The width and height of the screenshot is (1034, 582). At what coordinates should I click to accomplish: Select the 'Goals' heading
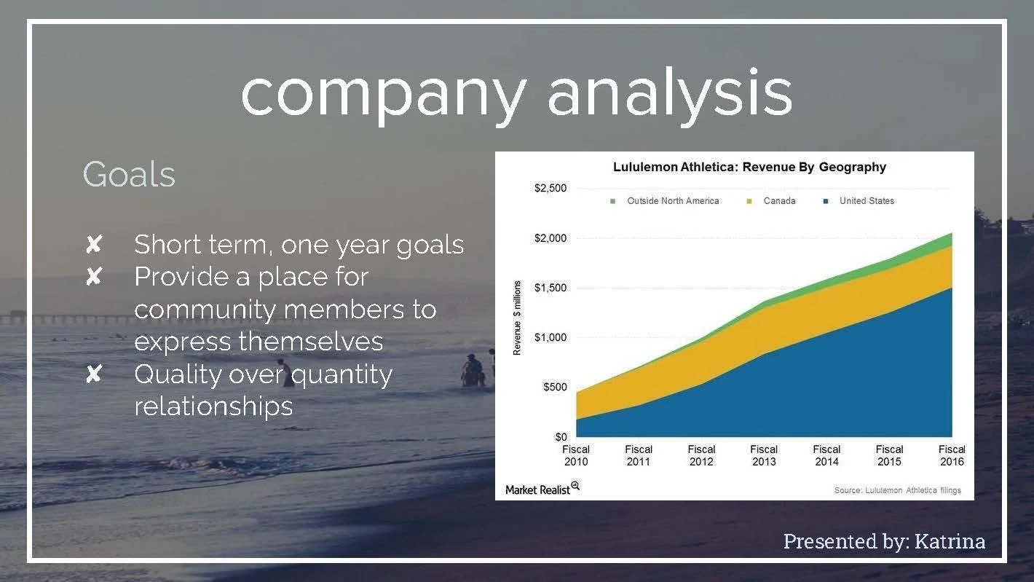[x=129, y=175]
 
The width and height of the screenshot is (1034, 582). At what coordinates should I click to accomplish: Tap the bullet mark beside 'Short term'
[x=93, y=245]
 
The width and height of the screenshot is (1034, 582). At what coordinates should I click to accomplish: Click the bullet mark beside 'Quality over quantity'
[x=93, y=374]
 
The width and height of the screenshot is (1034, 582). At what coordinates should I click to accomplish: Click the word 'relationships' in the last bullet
[x=213, y=406]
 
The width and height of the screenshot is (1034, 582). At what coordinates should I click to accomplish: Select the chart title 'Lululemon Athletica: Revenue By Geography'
[x=749, y=167]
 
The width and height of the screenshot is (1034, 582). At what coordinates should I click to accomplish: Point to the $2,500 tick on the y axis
[x=550, y=189]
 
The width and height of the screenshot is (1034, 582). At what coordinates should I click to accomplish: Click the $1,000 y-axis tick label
[x=550, y=337]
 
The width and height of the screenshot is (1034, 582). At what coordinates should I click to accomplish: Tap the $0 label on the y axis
[x=560, y=437]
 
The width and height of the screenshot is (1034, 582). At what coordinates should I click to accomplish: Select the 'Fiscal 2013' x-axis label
[x=764, y=455]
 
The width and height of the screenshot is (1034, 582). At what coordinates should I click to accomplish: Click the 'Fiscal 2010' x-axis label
[x=576, y=455]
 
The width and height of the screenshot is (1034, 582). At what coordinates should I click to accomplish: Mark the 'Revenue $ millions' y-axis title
[x=517, y=318]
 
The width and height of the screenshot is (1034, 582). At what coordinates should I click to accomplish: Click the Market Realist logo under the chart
[x=542, y=489]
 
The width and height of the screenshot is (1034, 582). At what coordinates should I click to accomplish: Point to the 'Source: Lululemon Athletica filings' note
[x=897, y=490]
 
